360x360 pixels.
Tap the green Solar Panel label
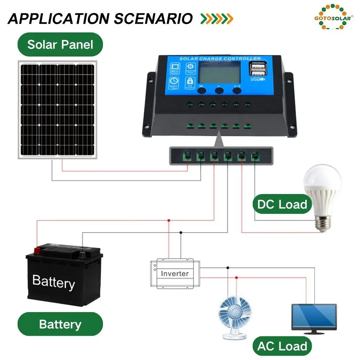(x=60, y=45)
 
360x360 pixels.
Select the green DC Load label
(x=282, y=204)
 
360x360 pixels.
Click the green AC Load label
(x=282, y=346)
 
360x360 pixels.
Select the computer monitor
(x=314, y=317)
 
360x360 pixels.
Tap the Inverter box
(x=175, y=273)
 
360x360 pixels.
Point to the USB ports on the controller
(x=257, y=68)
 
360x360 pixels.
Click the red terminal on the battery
(x=37, y=249)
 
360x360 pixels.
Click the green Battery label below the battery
(x=60, y=324)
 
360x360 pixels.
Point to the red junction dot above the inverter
(x=168, y=220)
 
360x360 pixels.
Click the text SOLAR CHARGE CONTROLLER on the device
(x=220, y=59)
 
